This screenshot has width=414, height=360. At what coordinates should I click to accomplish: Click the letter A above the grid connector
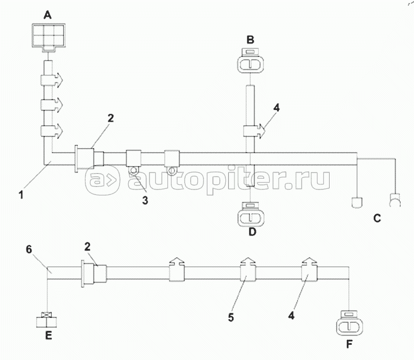[47, 15]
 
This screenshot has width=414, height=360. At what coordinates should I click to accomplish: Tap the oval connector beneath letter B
[250, 64]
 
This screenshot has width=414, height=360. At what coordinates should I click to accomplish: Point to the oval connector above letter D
[250, 215]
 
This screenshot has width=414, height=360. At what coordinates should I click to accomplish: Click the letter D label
[252, 232]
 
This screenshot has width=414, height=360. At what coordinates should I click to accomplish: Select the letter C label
[377, 218]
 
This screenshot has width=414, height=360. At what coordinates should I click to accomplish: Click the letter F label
[349, 344]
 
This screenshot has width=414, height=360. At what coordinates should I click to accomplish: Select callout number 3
[145, 201]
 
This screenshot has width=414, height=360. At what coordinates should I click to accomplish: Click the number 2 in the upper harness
[110, 118]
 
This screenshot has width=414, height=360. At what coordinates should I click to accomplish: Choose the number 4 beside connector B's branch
[276, 108]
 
